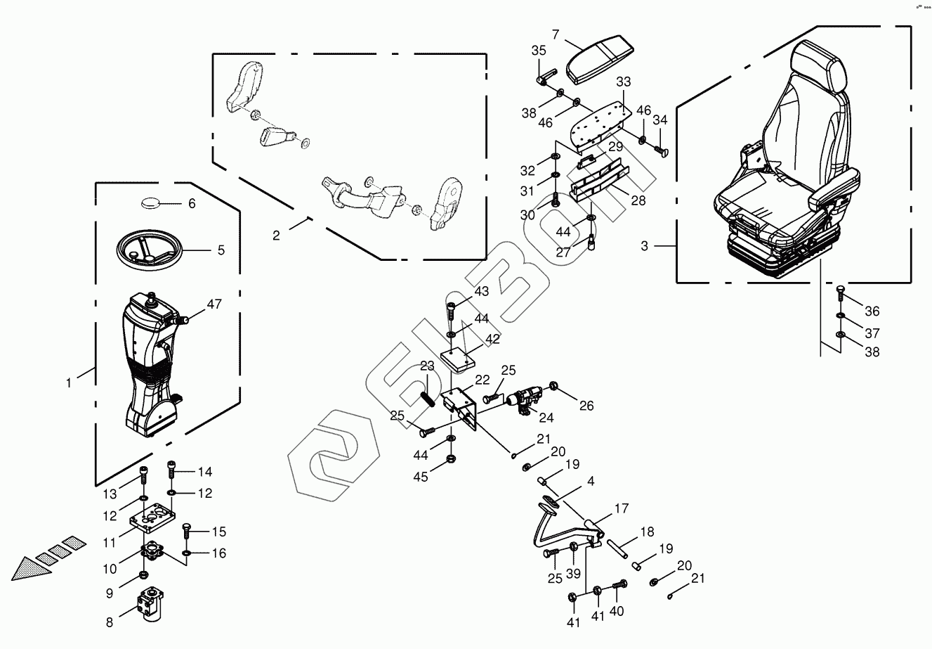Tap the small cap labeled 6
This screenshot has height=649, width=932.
click(x=151, y=203)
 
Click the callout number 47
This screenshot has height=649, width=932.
click(x=214, y=304)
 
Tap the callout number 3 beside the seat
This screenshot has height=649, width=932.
click(x=645, y=245)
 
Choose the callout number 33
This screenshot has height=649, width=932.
click(x=624, y=82)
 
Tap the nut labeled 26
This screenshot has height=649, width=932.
click(x=554, y=386)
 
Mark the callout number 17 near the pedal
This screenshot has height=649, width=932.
click(x=622, y=508)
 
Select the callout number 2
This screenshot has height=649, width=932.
click(x=276, y=236)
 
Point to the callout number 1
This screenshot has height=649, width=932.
click(x=69, y=383)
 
